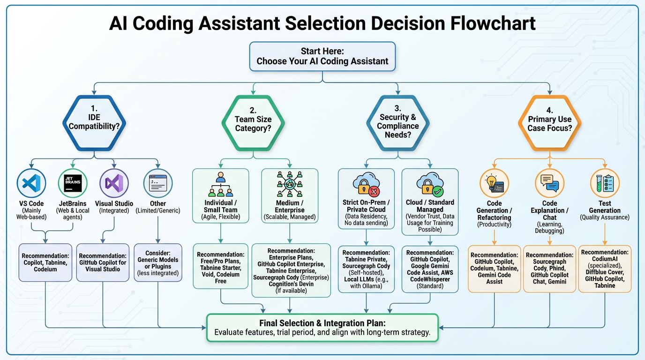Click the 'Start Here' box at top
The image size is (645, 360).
(322, 56)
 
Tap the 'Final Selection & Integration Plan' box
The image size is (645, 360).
(322, 327)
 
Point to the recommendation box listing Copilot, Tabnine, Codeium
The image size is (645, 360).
(45, 263)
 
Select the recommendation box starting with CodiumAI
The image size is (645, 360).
(605, 269)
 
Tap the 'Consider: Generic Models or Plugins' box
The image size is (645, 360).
(158, 263)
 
